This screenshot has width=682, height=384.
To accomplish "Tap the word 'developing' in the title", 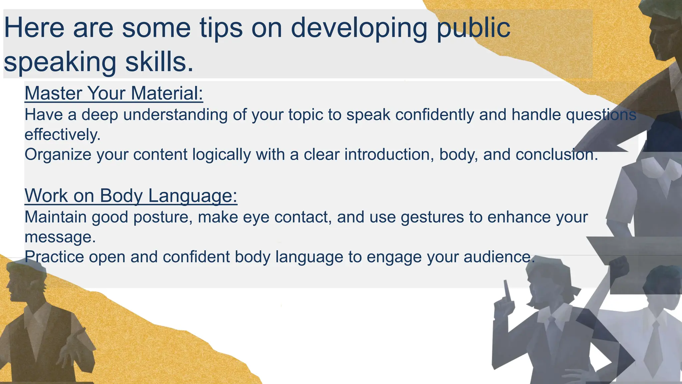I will [x=359, y=28].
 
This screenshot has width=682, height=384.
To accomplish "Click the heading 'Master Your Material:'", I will [x=114, y=93].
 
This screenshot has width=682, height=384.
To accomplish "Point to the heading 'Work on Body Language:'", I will [x=131, y=195].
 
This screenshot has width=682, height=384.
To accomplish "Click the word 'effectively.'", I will [x=63, y=135].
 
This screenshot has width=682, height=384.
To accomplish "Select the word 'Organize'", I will [x=58, y=155].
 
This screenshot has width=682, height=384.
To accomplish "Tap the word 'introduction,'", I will [x=389, y=155].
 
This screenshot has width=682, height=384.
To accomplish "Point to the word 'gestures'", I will [x=432, y=217].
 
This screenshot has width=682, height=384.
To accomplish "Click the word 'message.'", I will [x=60, y=237].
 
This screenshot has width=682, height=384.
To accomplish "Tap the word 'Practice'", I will [x=54, y=257].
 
